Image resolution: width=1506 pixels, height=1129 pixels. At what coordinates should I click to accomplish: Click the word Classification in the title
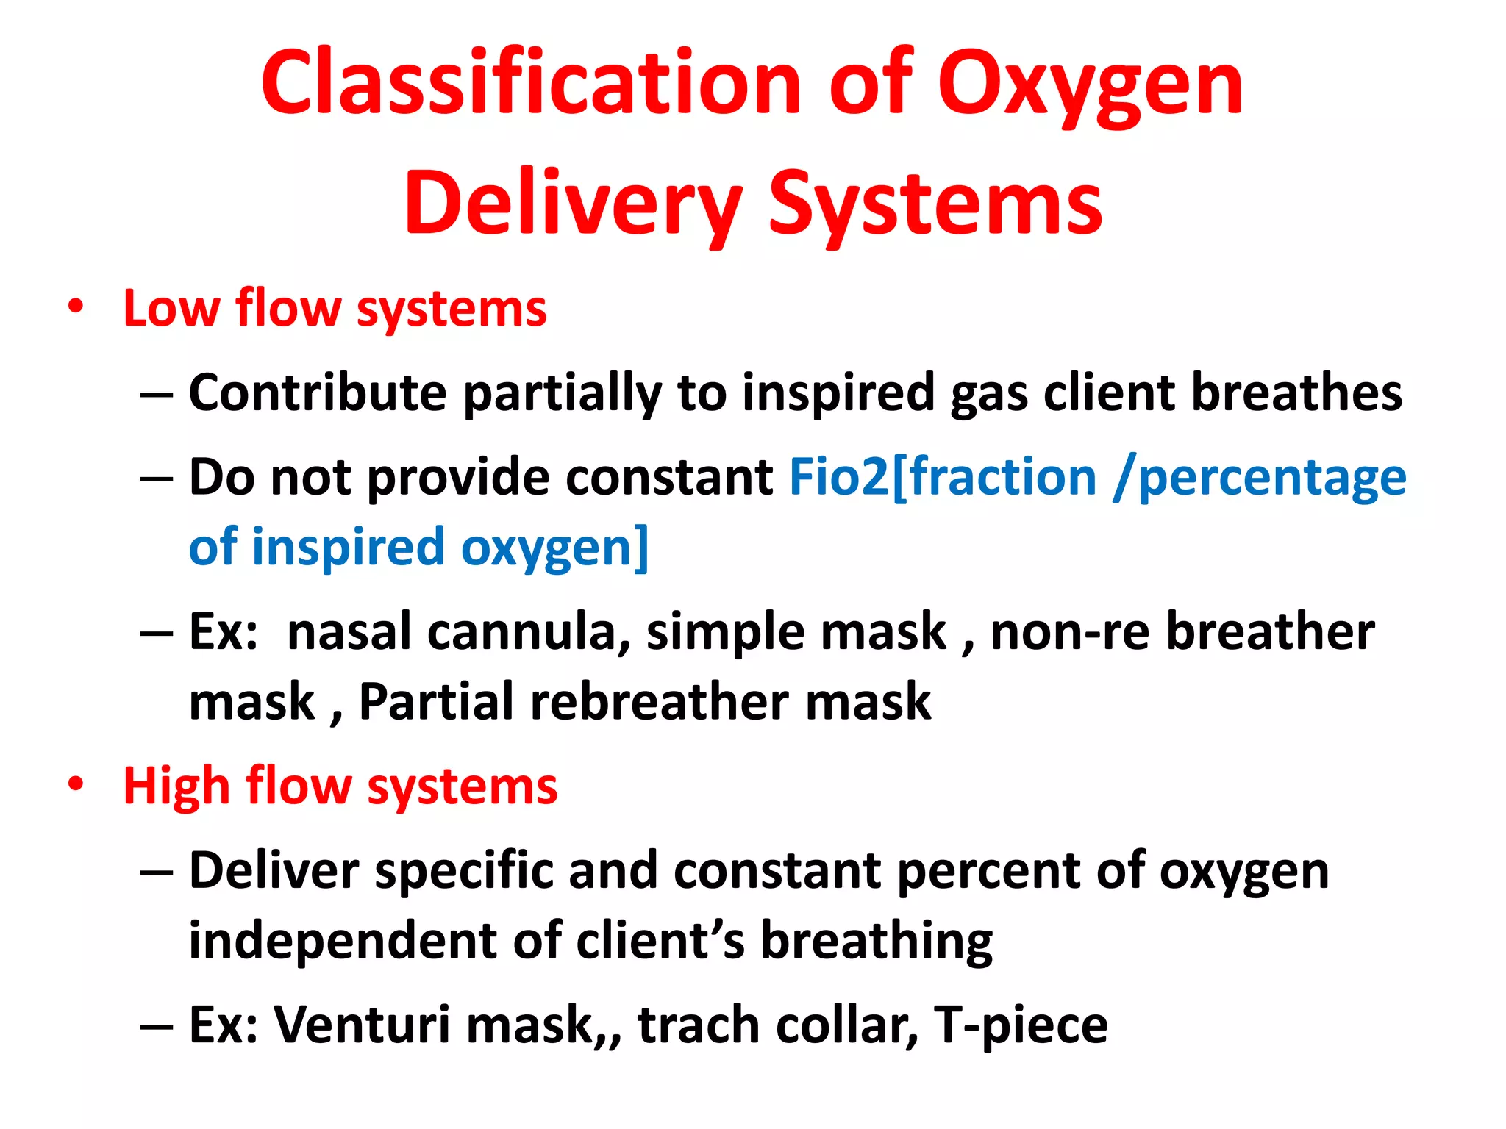[x=530, y=82]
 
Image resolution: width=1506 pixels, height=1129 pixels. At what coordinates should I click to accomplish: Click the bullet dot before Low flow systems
[x=75, y=307]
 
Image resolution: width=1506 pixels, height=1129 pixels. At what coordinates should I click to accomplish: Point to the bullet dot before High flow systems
[x=75, y=784]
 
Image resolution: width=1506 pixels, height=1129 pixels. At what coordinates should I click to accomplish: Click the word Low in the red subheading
[x=171, y=308]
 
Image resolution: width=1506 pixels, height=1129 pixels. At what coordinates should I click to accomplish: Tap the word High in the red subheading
[x=176, y=787]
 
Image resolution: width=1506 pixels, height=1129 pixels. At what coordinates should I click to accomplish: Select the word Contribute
[x=317, y=393]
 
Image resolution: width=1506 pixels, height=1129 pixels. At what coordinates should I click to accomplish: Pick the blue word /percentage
[x=1258, y=479]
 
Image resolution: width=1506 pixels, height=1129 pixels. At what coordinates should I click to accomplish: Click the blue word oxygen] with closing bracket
[x=554, y=548]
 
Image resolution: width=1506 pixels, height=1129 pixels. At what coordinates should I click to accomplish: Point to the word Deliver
[x=274, y=871]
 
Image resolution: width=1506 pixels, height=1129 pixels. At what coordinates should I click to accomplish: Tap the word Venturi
[x=361, y=1025]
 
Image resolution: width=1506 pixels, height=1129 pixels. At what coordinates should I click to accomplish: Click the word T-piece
[x=1020, y=1026]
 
